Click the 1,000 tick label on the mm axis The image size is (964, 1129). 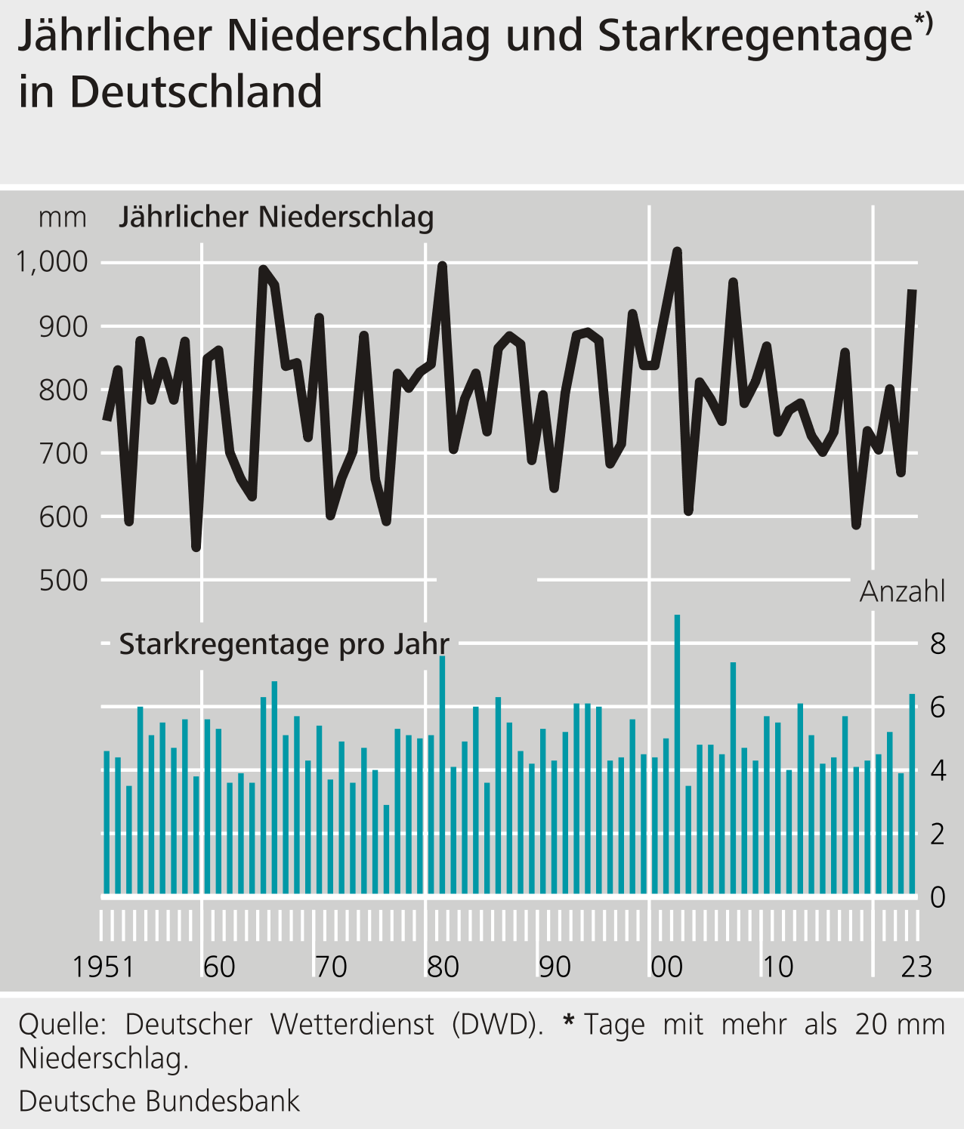pos(52,263)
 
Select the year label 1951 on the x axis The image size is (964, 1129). pos(103,967)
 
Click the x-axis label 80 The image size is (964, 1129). pos(443,967)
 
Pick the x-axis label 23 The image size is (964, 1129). pos(916,967)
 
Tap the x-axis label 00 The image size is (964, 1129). pos(666,967)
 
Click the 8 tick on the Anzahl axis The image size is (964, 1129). pos(938,644)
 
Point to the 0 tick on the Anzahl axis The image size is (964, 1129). pos(938,897)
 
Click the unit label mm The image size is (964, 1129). pos(62,218)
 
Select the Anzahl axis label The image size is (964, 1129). pos(902,592)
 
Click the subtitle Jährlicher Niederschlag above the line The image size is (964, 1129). pos(277,217)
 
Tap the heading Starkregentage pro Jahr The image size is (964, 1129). pos(284,645)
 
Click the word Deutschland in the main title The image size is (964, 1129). pos(196,92)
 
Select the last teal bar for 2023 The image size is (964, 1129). pos(912,793)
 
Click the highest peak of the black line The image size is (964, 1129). pos(677,251)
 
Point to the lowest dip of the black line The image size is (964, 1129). pos(196,547)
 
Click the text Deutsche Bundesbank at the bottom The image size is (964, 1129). pos(159,1101)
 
